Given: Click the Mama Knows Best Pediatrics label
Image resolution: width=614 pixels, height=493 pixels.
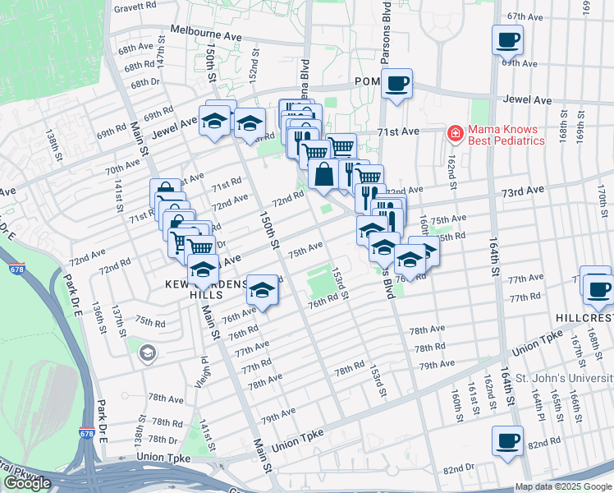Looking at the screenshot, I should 506,135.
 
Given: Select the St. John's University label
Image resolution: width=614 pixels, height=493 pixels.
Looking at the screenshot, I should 564,378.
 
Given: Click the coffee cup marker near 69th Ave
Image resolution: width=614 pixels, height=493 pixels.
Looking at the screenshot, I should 507,39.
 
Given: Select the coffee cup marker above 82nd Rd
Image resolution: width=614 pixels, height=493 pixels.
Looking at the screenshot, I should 506,440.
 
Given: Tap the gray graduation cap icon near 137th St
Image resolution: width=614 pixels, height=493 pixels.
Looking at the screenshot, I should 147,353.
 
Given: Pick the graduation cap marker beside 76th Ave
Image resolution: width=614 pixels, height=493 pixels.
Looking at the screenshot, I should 262,288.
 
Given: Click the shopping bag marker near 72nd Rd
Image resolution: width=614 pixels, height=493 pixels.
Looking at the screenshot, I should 325,174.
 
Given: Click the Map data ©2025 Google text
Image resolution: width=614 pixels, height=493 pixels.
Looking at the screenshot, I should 563,486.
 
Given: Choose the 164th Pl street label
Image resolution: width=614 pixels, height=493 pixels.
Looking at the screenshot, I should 538,405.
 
